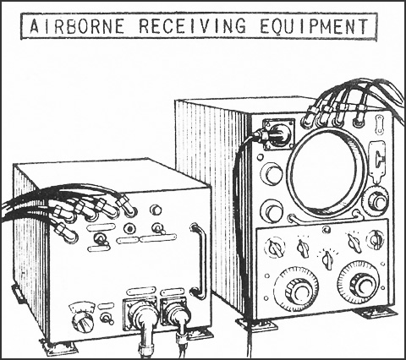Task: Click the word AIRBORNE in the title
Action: point(77,25)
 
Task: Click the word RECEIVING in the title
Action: point(192,25)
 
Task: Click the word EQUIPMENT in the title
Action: point(314,25)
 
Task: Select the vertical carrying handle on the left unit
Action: point(200,260)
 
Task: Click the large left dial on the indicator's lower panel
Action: point(296,289)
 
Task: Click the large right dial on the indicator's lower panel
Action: point(360,283)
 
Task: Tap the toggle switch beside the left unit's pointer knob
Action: point(107,318)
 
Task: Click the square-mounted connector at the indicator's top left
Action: point(278,134)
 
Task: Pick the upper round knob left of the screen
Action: point(272,173)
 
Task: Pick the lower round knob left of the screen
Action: point(272,211)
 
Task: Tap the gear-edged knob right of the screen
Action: point(376,199)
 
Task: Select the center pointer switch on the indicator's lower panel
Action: point(327,259)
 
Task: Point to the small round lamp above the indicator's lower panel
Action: point(326,230)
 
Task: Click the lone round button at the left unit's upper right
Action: point(156,210)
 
